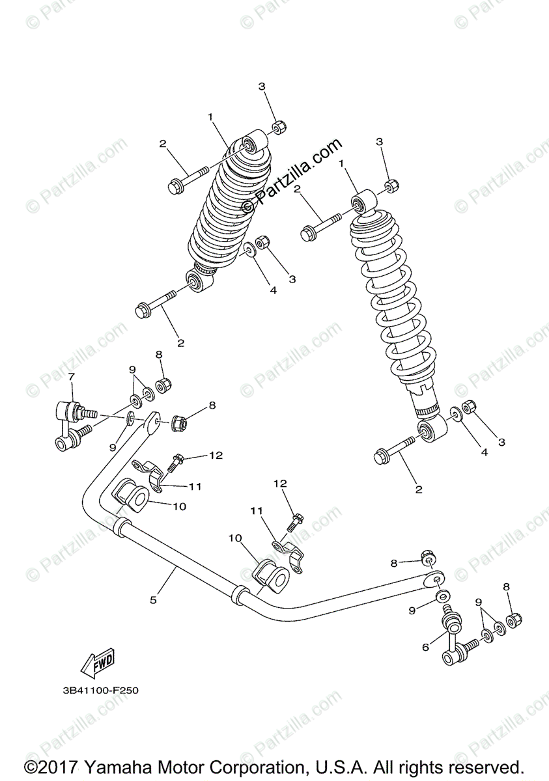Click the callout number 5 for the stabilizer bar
pos(154,600)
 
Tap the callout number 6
pos(425,647)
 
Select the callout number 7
pos(72,377)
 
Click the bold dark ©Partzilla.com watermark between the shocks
pos(292,176)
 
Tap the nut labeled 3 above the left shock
pos(276,126)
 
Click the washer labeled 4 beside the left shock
pos(249,250)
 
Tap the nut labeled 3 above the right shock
pos(390,186)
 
